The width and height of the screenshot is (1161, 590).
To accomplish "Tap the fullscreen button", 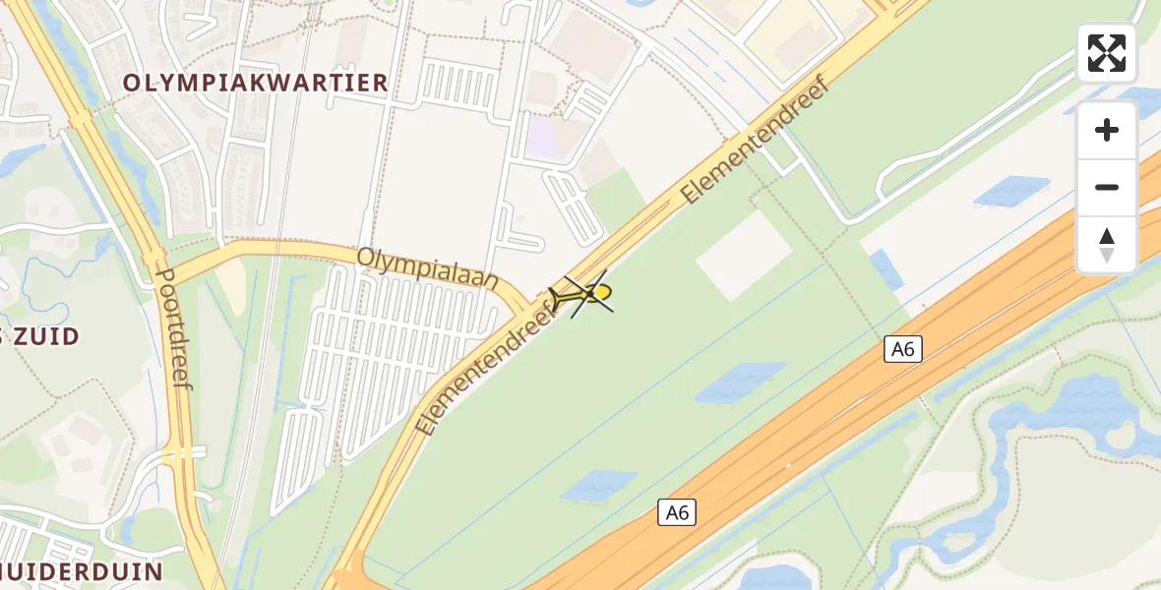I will coord(1107,53).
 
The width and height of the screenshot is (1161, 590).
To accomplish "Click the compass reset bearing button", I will coord(1107,245).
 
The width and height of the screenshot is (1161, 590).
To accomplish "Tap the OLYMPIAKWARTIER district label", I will coord(256,84).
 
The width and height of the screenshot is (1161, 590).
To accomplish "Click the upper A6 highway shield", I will coord(902,348).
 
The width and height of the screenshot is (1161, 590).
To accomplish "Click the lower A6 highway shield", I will coord(677,511).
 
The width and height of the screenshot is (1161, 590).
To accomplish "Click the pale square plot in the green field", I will coord(744,255).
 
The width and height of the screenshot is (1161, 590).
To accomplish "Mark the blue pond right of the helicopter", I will coord(741,382).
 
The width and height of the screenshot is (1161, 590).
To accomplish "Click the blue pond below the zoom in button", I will coord(1010,191).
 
